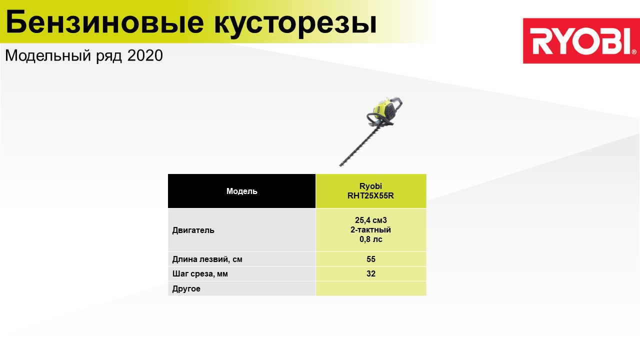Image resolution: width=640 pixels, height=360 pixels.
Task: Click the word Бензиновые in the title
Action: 105,22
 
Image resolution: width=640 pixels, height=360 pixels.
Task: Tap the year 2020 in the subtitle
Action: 145,55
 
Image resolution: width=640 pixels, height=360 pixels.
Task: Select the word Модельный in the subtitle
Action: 48,56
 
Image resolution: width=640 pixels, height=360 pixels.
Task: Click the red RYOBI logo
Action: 581,41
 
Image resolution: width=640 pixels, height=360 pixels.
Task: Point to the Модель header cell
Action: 241,191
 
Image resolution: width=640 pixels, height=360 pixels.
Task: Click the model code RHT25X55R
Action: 370,195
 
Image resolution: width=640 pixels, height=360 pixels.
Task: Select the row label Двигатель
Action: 193,230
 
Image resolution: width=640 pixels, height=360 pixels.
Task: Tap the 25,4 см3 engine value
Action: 371,220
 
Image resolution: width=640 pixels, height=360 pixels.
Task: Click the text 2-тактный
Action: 371,229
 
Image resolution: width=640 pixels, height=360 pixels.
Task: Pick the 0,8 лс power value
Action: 371,239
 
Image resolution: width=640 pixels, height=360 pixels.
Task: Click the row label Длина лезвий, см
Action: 207,259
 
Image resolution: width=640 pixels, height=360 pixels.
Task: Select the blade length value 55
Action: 371,259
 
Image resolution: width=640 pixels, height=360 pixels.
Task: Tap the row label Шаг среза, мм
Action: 200,273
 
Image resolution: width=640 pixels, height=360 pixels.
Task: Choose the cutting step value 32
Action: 371,273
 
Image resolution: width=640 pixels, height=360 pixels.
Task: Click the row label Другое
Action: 186,288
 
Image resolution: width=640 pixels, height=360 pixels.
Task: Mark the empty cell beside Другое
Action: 371,288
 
